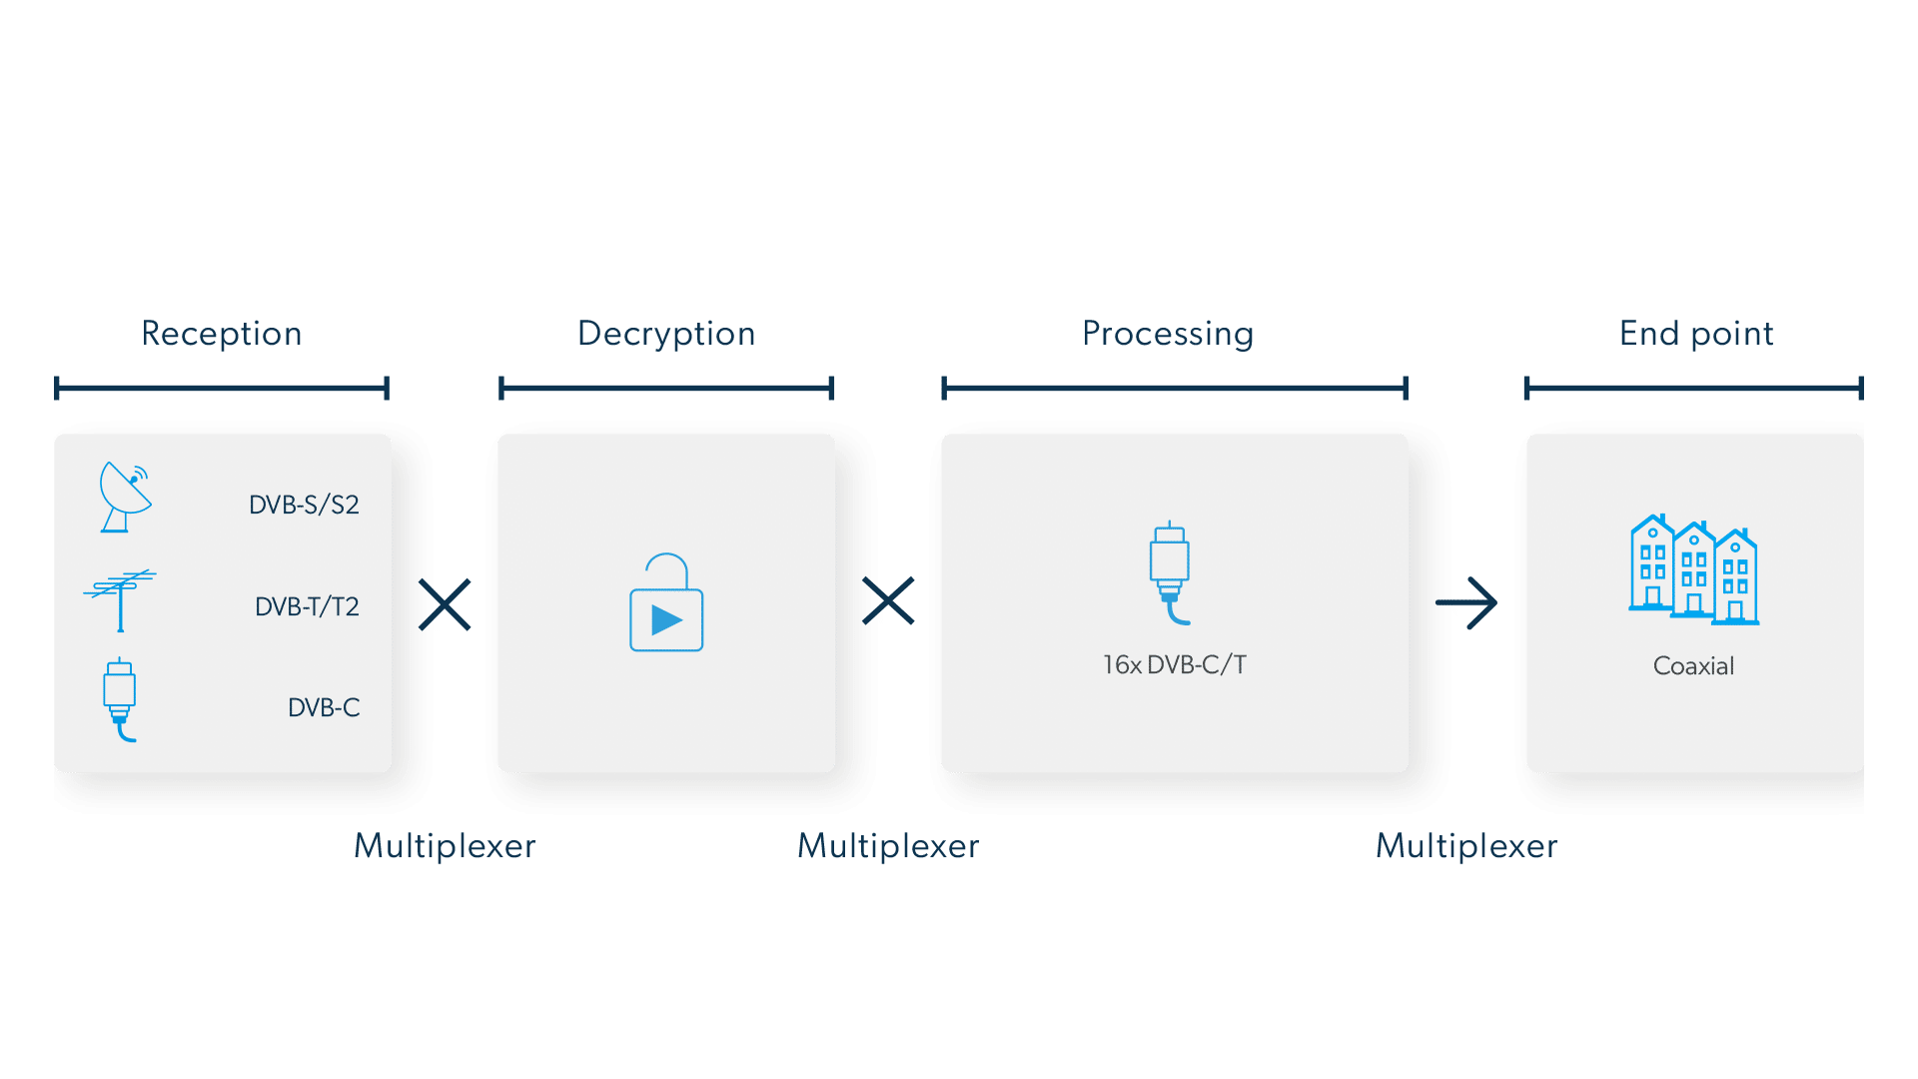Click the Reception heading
[x=222, y=334]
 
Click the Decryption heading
[x=666, y=334]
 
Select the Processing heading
[x=1168, y=334]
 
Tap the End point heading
[x=1696, y=334]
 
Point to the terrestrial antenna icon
[x=121, y=599]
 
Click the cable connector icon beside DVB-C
[x=120, y=699]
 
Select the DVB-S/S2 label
[x=304, y=505]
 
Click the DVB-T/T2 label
[x=307, y=606]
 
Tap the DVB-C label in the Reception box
[x=324, y=707]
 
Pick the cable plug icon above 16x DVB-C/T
[x=1170, y=572]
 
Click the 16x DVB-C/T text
[x=1175, y=664]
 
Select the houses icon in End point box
[x=1693, y=569]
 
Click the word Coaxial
[x=1693, y=666]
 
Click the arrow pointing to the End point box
[x=1467, y=603]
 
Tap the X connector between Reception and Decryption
[x=446, y=604]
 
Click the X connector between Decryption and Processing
[x=888, y=601]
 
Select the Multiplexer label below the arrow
[x=1466, y=846]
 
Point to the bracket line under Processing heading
[x=1175, y=388]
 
